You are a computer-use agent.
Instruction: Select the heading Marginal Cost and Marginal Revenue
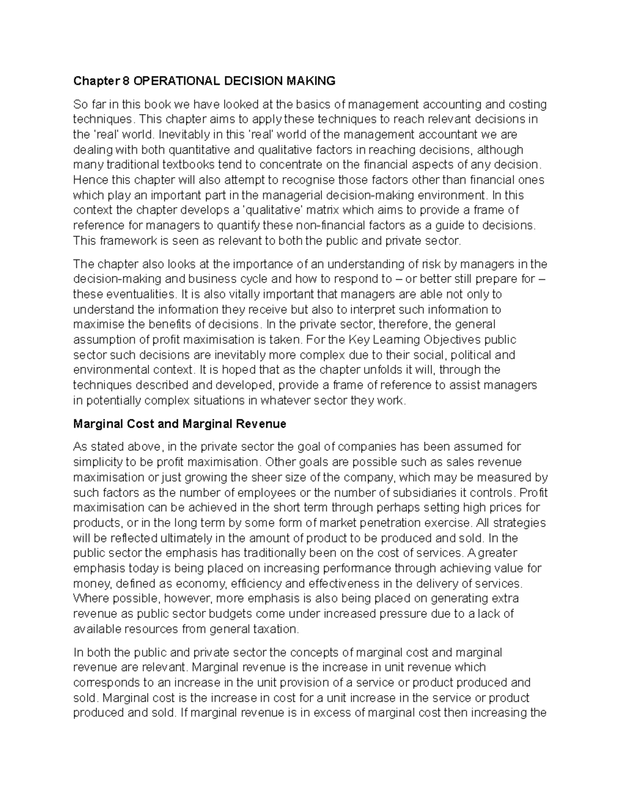180,424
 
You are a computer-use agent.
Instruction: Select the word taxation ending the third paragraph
275,630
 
